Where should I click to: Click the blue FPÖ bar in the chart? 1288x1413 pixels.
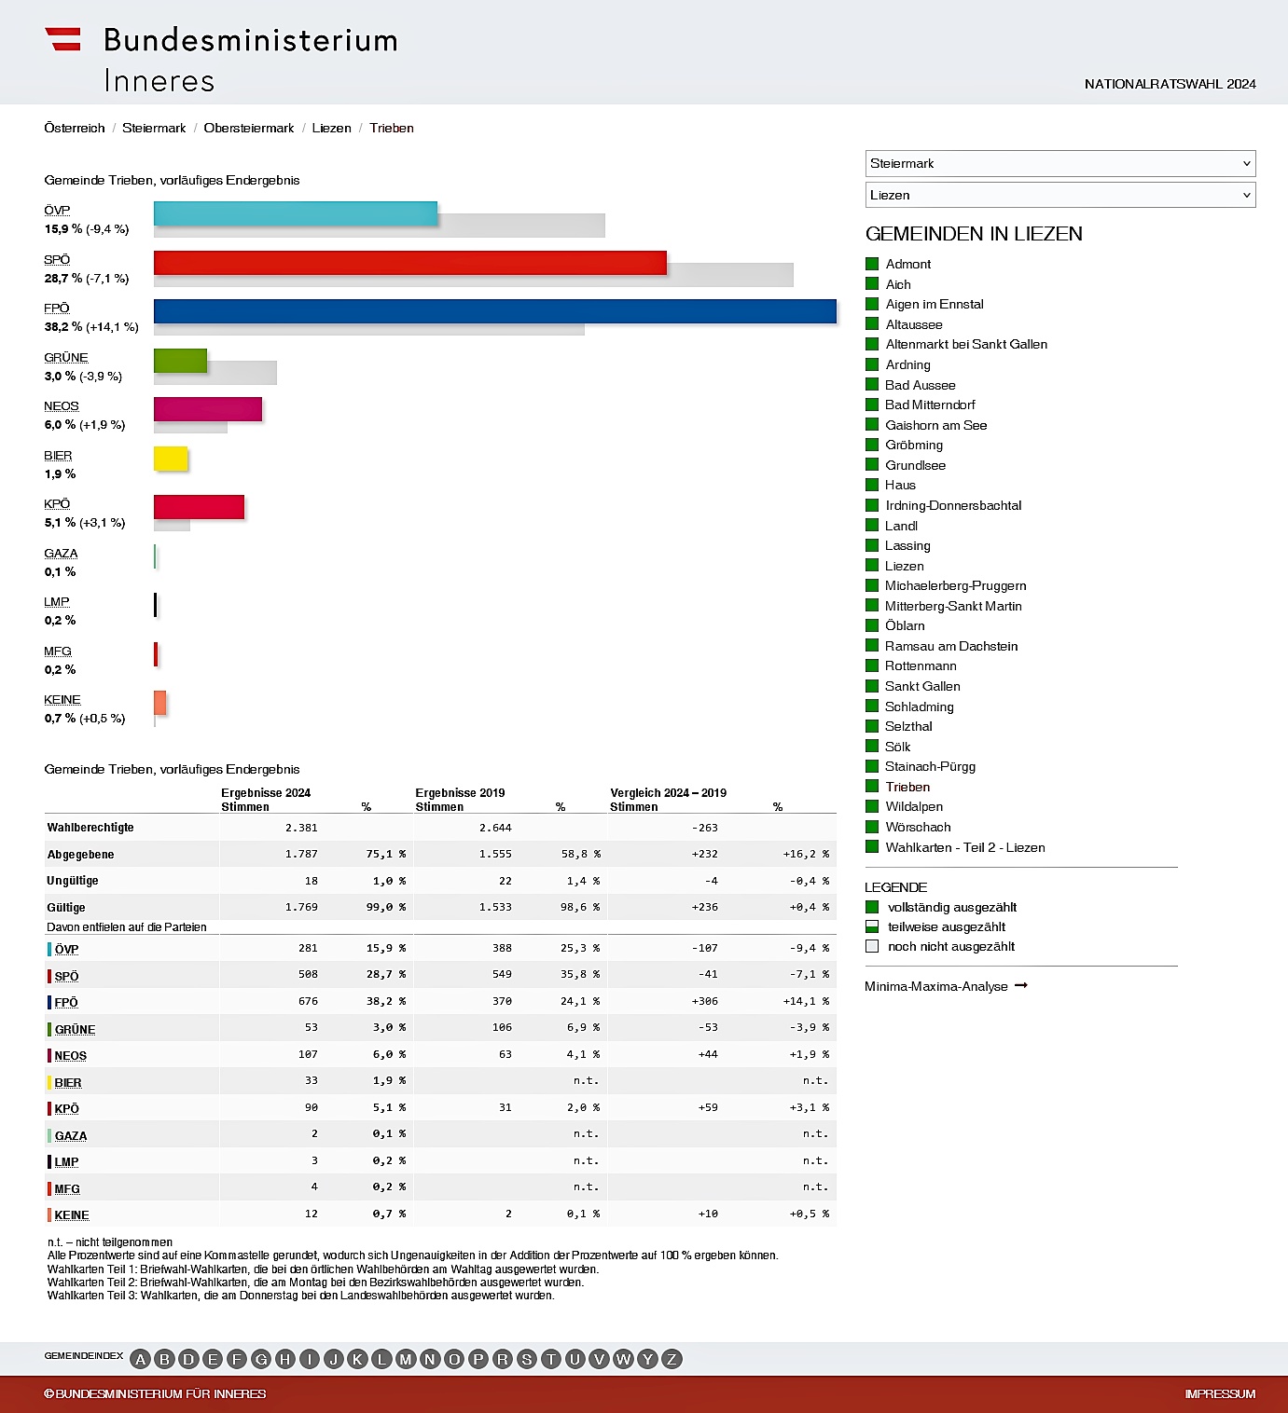tap(494, 311)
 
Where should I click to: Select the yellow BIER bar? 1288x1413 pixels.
tap(171, 459)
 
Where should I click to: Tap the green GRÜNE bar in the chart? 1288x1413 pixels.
tap(180, 361)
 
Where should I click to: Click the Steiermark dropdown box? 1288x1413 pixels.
tap(1059, 163)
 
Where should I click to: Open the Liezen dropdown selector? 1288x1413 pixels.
tap(1059, 195)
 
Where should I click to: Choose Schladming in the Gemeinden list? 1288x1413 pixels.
tap(919, 706)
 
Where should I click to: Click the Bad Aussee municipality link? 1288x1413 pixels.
tap(920, 385)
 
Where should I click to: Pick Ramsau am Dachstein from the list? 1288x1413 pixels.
tap(950, 646)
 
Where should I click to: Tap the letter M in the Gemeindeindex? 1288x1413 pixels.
tap(406, 1359)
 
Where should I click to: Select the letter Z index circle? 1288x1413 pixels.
tap(672, 1359)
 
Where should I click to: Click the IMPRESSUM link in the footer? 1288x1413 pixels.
tap(1219, 1394)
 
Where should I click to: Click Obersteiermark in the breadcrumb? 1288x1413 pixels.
tap(248, 128)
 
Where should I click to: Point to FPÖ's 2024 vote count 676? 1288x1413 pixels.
tap(308, 1001)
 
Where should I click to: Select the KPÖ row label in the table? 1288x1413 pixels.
tap(66, 1109)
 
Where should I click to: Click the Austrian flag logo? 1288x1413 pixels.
tap(63, 39)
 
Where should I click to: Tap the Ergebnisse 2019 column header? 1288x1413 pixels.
tap(460, 793)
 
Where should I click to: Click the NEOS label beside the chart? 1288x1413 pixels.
tap(62, 406)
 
